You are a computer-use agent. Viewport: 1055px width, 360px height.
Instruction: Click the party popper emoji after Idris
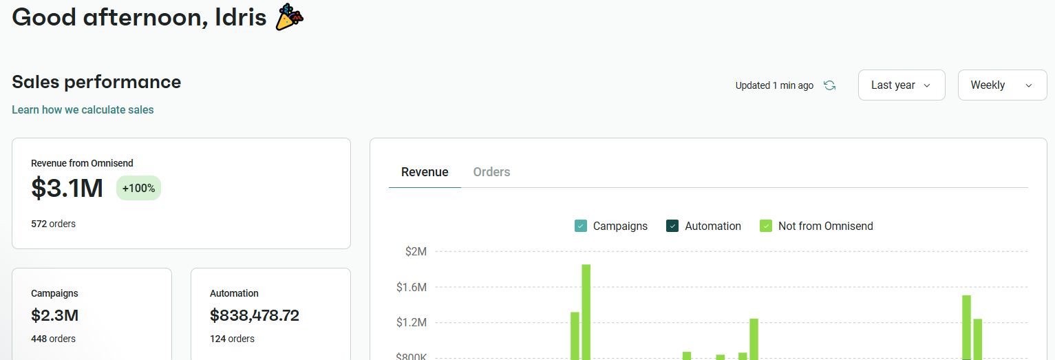pos(289,17)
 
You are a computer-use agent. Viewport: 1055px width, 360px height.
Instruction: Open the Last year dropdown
pos(901,85)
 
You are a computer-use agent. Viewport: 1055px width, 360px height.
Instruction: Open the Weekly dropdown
pos(1001,85)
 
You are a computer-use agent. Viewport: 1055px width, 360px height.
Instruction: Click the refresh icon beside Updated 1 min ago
pos(830,85)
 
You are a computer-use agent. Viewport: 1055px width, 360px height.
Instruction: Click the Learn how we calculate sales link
pos(83,110)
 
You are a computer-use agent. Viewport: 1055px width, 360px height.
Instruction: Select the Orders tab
pos(491,172)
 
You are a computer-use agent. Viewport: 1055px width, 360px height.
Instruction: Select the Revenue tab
pos(425,172)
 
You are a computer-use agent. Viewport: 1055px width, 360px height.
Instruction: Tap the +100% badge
pos(138,188)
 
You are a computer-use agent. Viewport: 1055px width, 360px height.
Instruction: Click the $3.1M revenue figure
pos(67,188)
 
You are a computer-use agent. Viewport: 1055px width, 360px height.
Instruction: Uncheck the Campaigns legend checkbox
pos(581,226)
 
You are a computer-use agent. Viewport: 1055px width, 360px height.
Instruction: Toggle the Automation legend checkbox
pos(672,226)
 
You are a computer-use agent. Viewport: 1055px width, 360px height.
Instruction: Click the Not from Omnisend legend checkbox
pos(765,226)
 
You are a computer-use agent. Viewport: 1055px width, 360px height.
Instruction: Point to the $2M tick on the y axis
pos(416,252)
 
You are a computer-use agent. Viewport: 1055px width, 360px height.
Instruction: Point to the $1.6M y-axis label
pos(412,287)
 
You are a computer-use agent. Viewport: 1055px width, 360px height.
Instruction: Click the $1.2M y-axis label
pos(412,322)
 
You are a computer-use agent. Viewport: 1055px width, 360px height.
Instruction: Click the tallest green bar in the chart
pos(586,310)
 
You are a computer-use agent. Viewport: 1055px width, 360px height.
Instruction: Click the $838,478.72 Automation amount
pos(255,315)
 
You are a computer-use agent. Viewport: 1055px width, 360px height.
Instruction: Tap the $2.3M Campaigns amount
pos(54,315)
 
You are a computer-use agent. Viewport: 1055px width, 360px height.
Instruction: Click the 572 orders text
pos(53,224)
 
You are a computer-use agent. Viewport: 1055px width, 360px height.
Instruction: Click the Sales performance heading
pos(96,82)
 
